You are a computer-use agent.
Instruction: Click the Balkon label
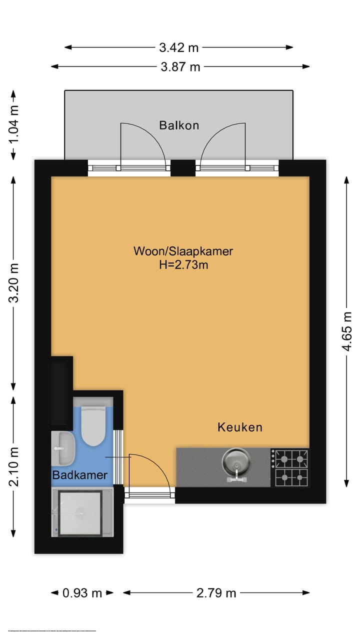tap(179, 125)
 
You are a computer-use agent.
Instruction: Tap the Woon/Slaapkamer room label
tap(183, 251)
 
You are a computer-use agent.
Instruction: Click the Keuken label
tap(239, 427)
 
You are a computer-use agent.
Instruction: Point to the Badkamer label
tap(80, 475)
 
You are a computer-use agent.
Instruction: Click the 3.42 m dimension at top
tap(179, 47)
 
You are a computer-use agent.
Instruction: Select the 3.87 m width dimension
tap(180, 66)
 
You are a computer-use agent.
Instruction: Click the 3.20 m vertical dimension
tap(14, 282)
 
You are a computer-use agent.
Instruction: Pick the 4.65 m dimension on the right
tap(346, 331)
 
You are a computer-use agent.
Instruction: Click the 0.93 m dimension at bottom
tap(82, 593)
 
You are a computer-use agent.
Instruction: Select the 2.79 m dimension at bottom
tap(216, 593)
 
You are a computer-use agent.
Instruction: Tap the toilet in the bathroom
tap(93, 426)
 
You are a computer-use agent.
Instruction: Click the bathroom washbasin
tap(64, 447)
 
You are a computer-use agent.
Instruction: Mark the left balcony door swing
tap(145, 145)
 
